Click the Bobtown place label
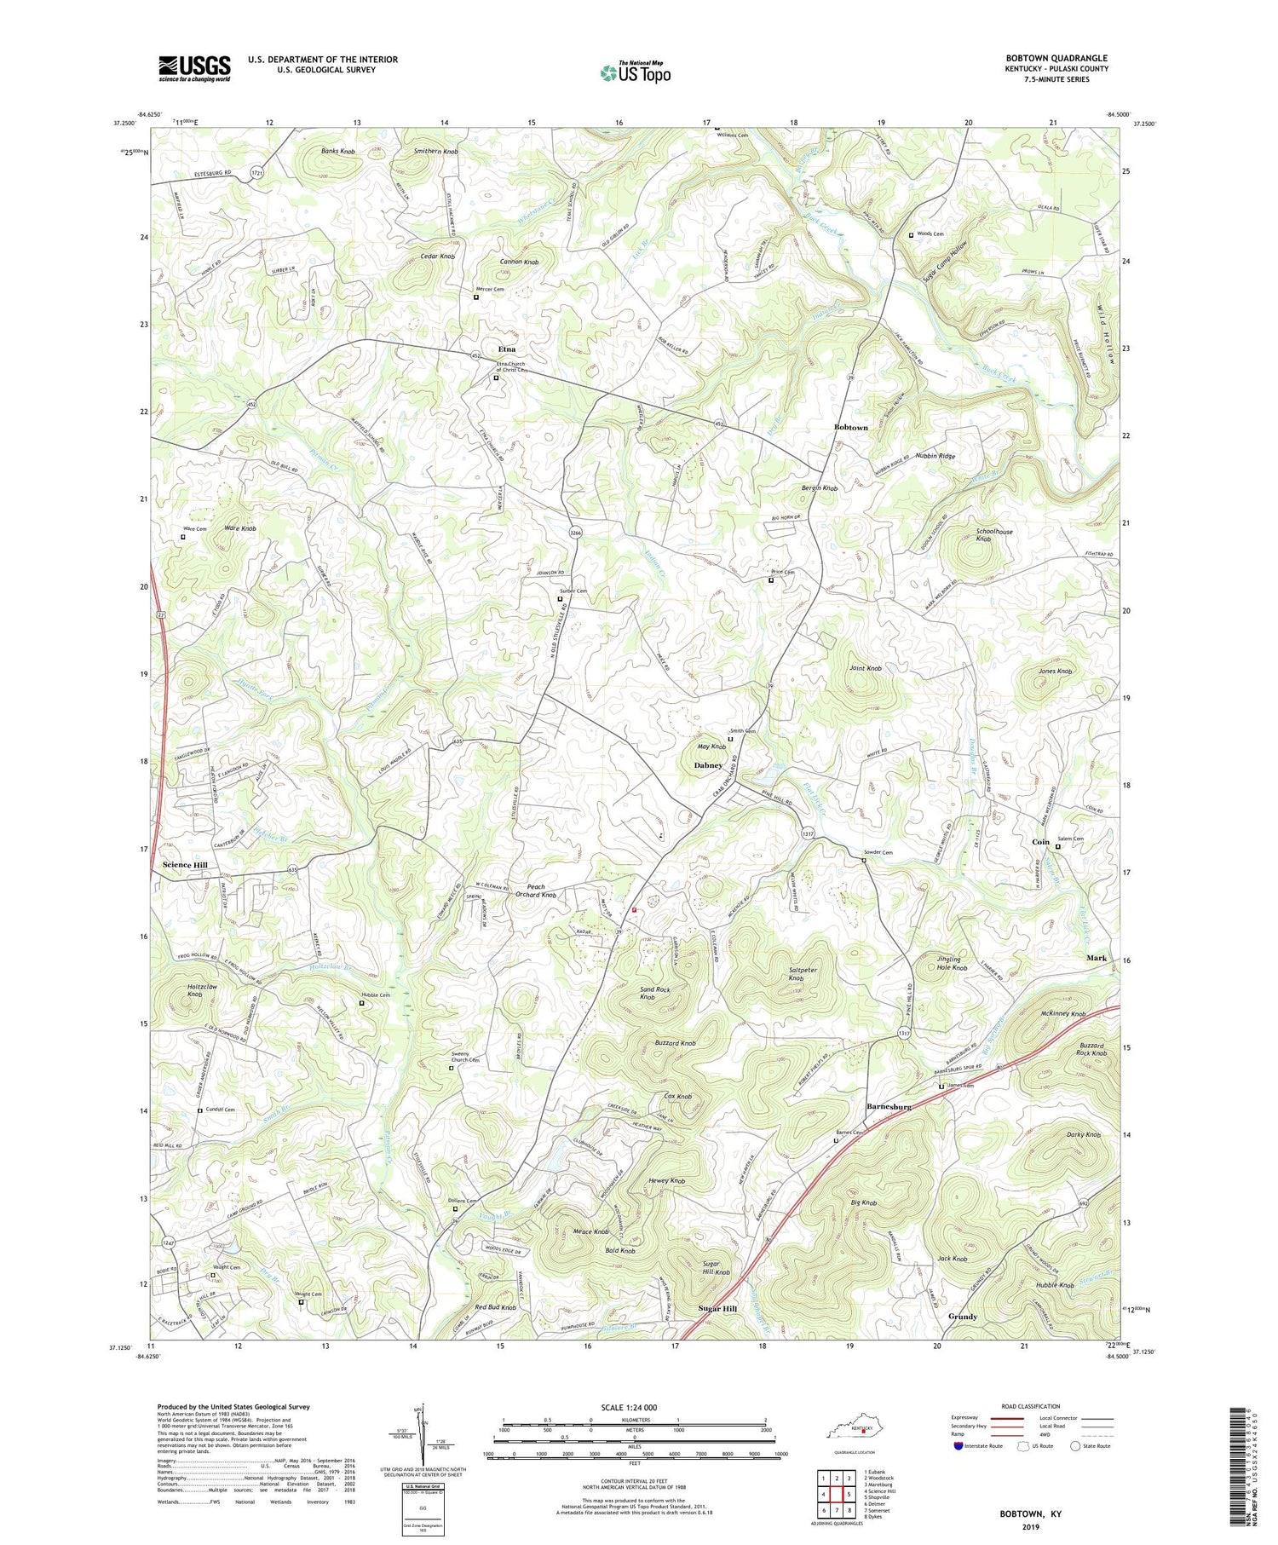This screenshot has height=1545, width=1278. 850,427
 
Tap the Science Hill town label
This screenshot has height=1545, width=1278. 185,865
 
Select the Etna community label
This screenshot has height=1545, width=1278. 507,349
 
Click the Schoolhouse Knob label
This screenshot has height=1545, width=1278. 994,535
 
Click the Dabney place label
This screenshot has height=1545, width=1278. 708,765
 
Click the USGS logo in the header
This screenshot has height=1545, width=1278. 194,68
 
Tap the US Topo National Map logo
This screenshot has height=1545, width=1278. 635,72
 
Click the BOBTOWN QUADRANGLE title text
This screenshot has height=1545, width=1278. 1056,58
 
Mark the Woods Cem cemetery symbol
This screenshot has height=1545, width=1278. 911,234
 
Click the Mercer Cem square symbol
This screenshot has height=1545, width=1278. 476,297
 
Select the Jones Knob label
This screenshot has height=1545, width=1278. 1055,672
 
